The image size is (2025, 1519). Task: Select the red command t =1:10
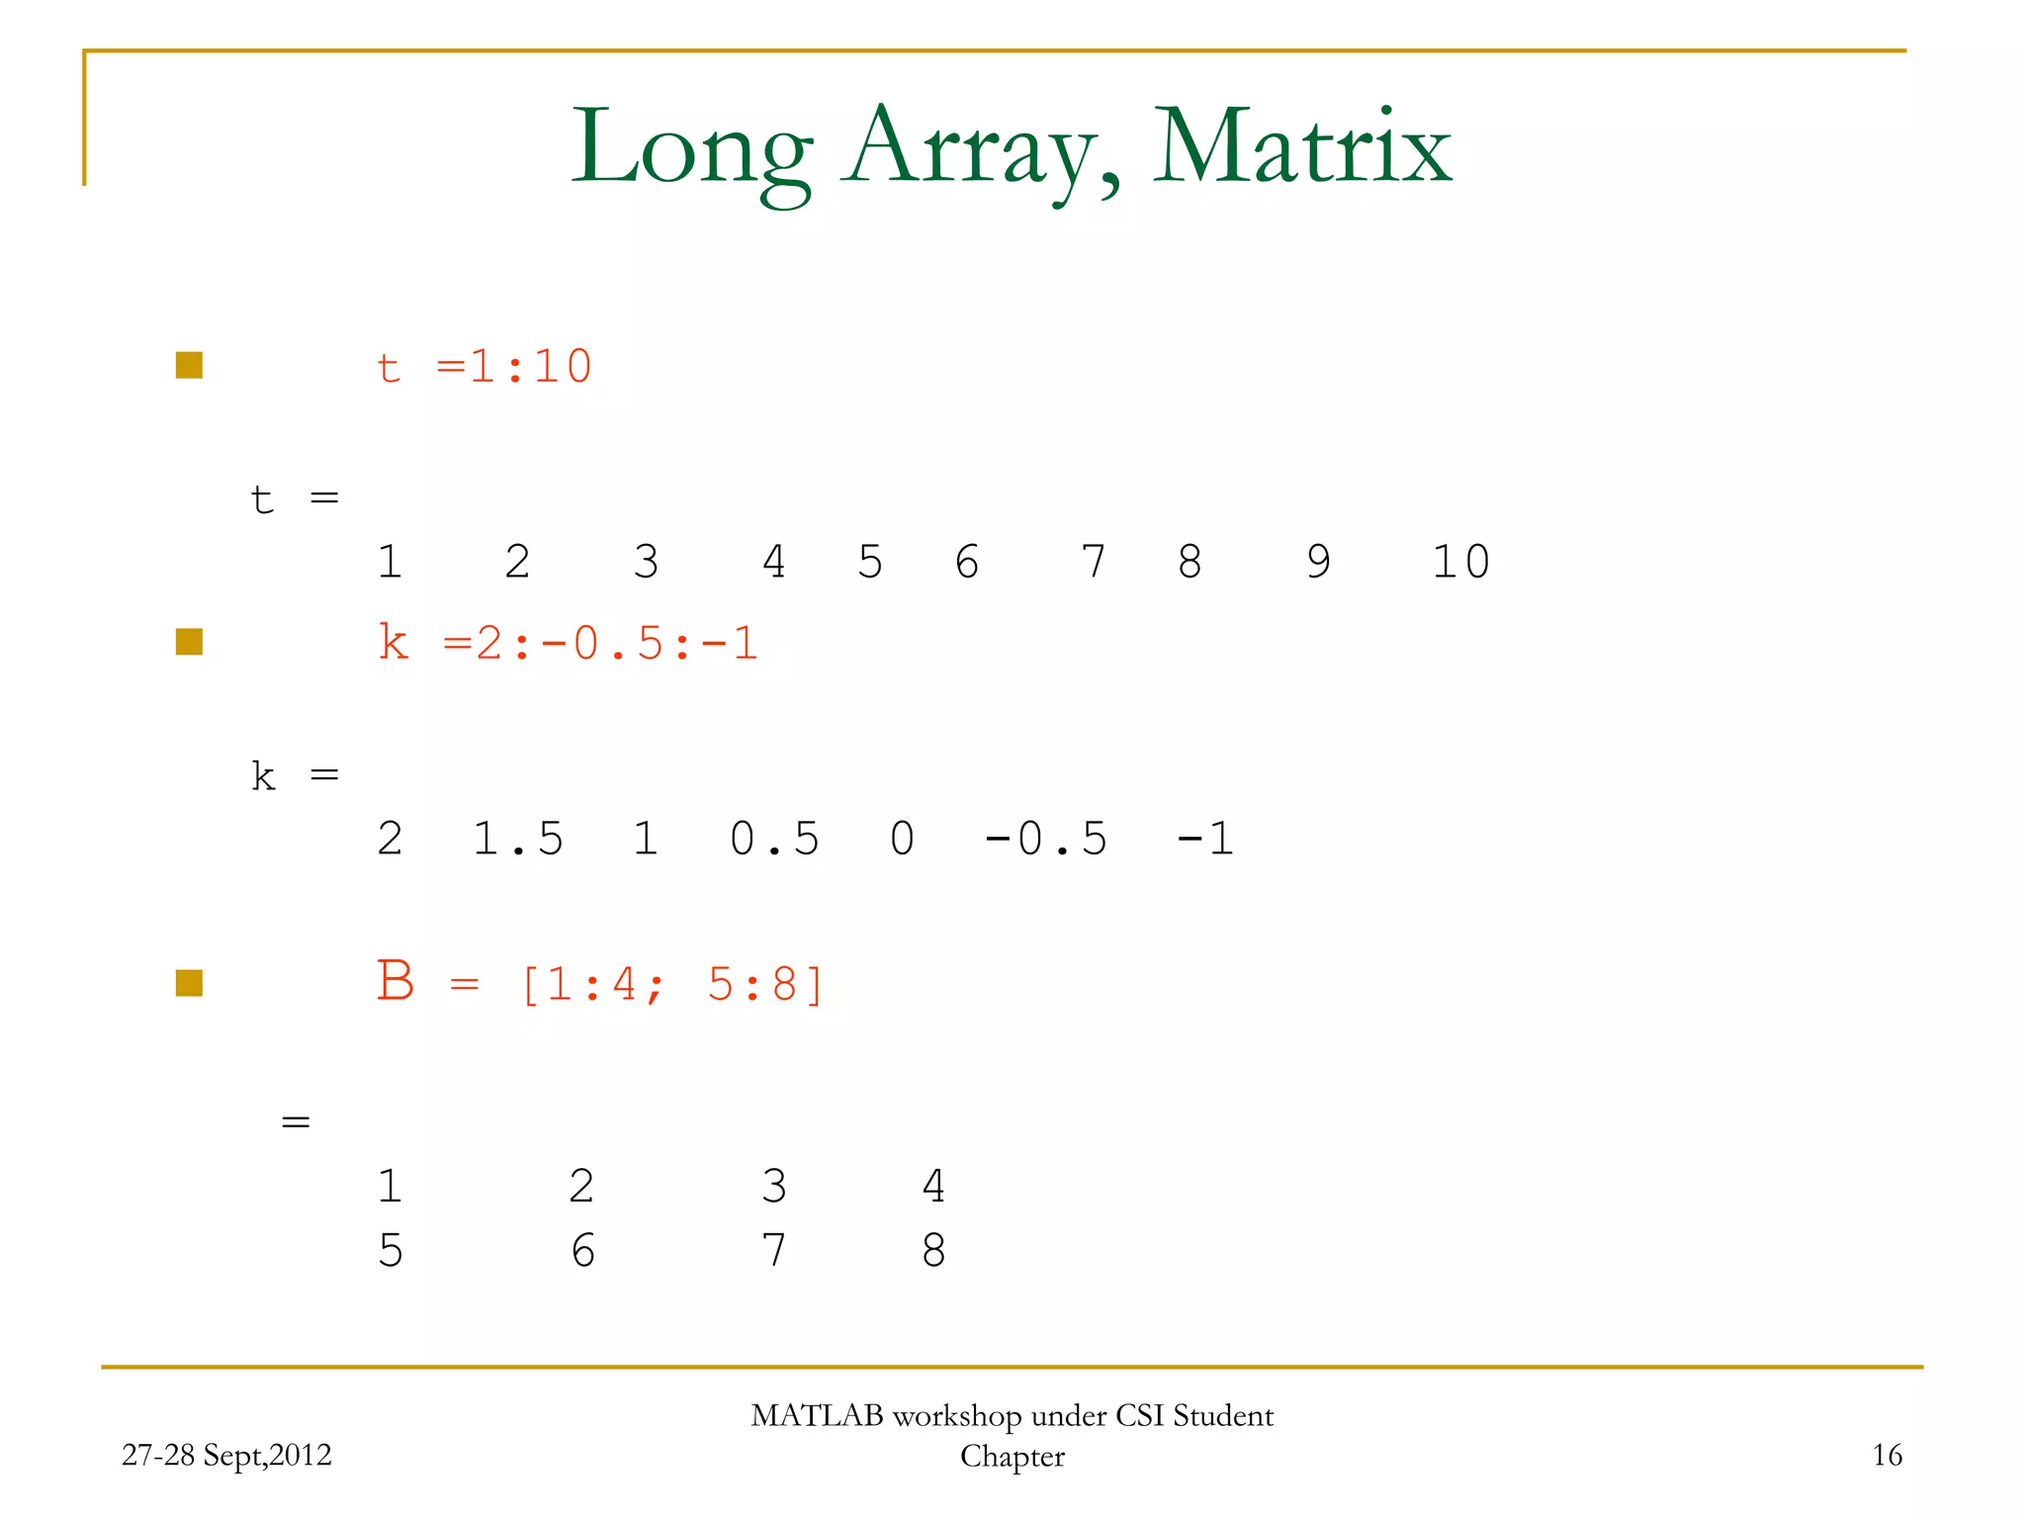[484, 367]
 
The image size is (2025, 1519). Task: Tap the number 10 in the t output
[1460, 562]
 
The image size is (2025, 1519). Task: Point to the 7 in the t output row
[1093, 562]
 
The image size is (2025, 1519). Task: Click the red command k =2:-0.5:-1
[568, 644]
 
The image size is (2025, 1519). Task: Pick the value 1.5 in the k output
[517, 839]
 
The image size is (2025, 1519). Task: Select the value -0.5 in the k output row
[1046, 839]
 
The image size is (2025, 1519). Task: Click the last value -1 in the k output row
[1205, 839]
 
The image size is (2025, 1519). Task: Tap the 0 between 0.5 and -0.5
[902, 839]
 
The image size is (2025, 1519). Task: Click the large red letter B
[396, 981]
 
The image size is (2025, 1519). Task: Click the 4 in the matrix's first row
[933, 1186]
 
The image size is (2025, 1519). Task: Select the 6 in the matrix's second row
[583, 1251]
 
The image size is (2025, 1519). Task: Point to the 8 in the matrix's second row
[933, 1251]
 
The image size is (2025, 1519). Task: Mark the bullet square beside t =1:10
[189, 366]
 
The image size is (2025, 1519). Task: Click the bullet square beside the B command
[189, 983]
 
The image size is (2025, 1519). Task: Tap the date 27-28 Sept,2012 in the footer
[226, 1455]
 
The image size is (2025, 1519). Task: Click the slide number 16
[1887, 1455]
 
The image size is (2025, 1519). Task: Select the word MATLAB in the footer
[817, 1416]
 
